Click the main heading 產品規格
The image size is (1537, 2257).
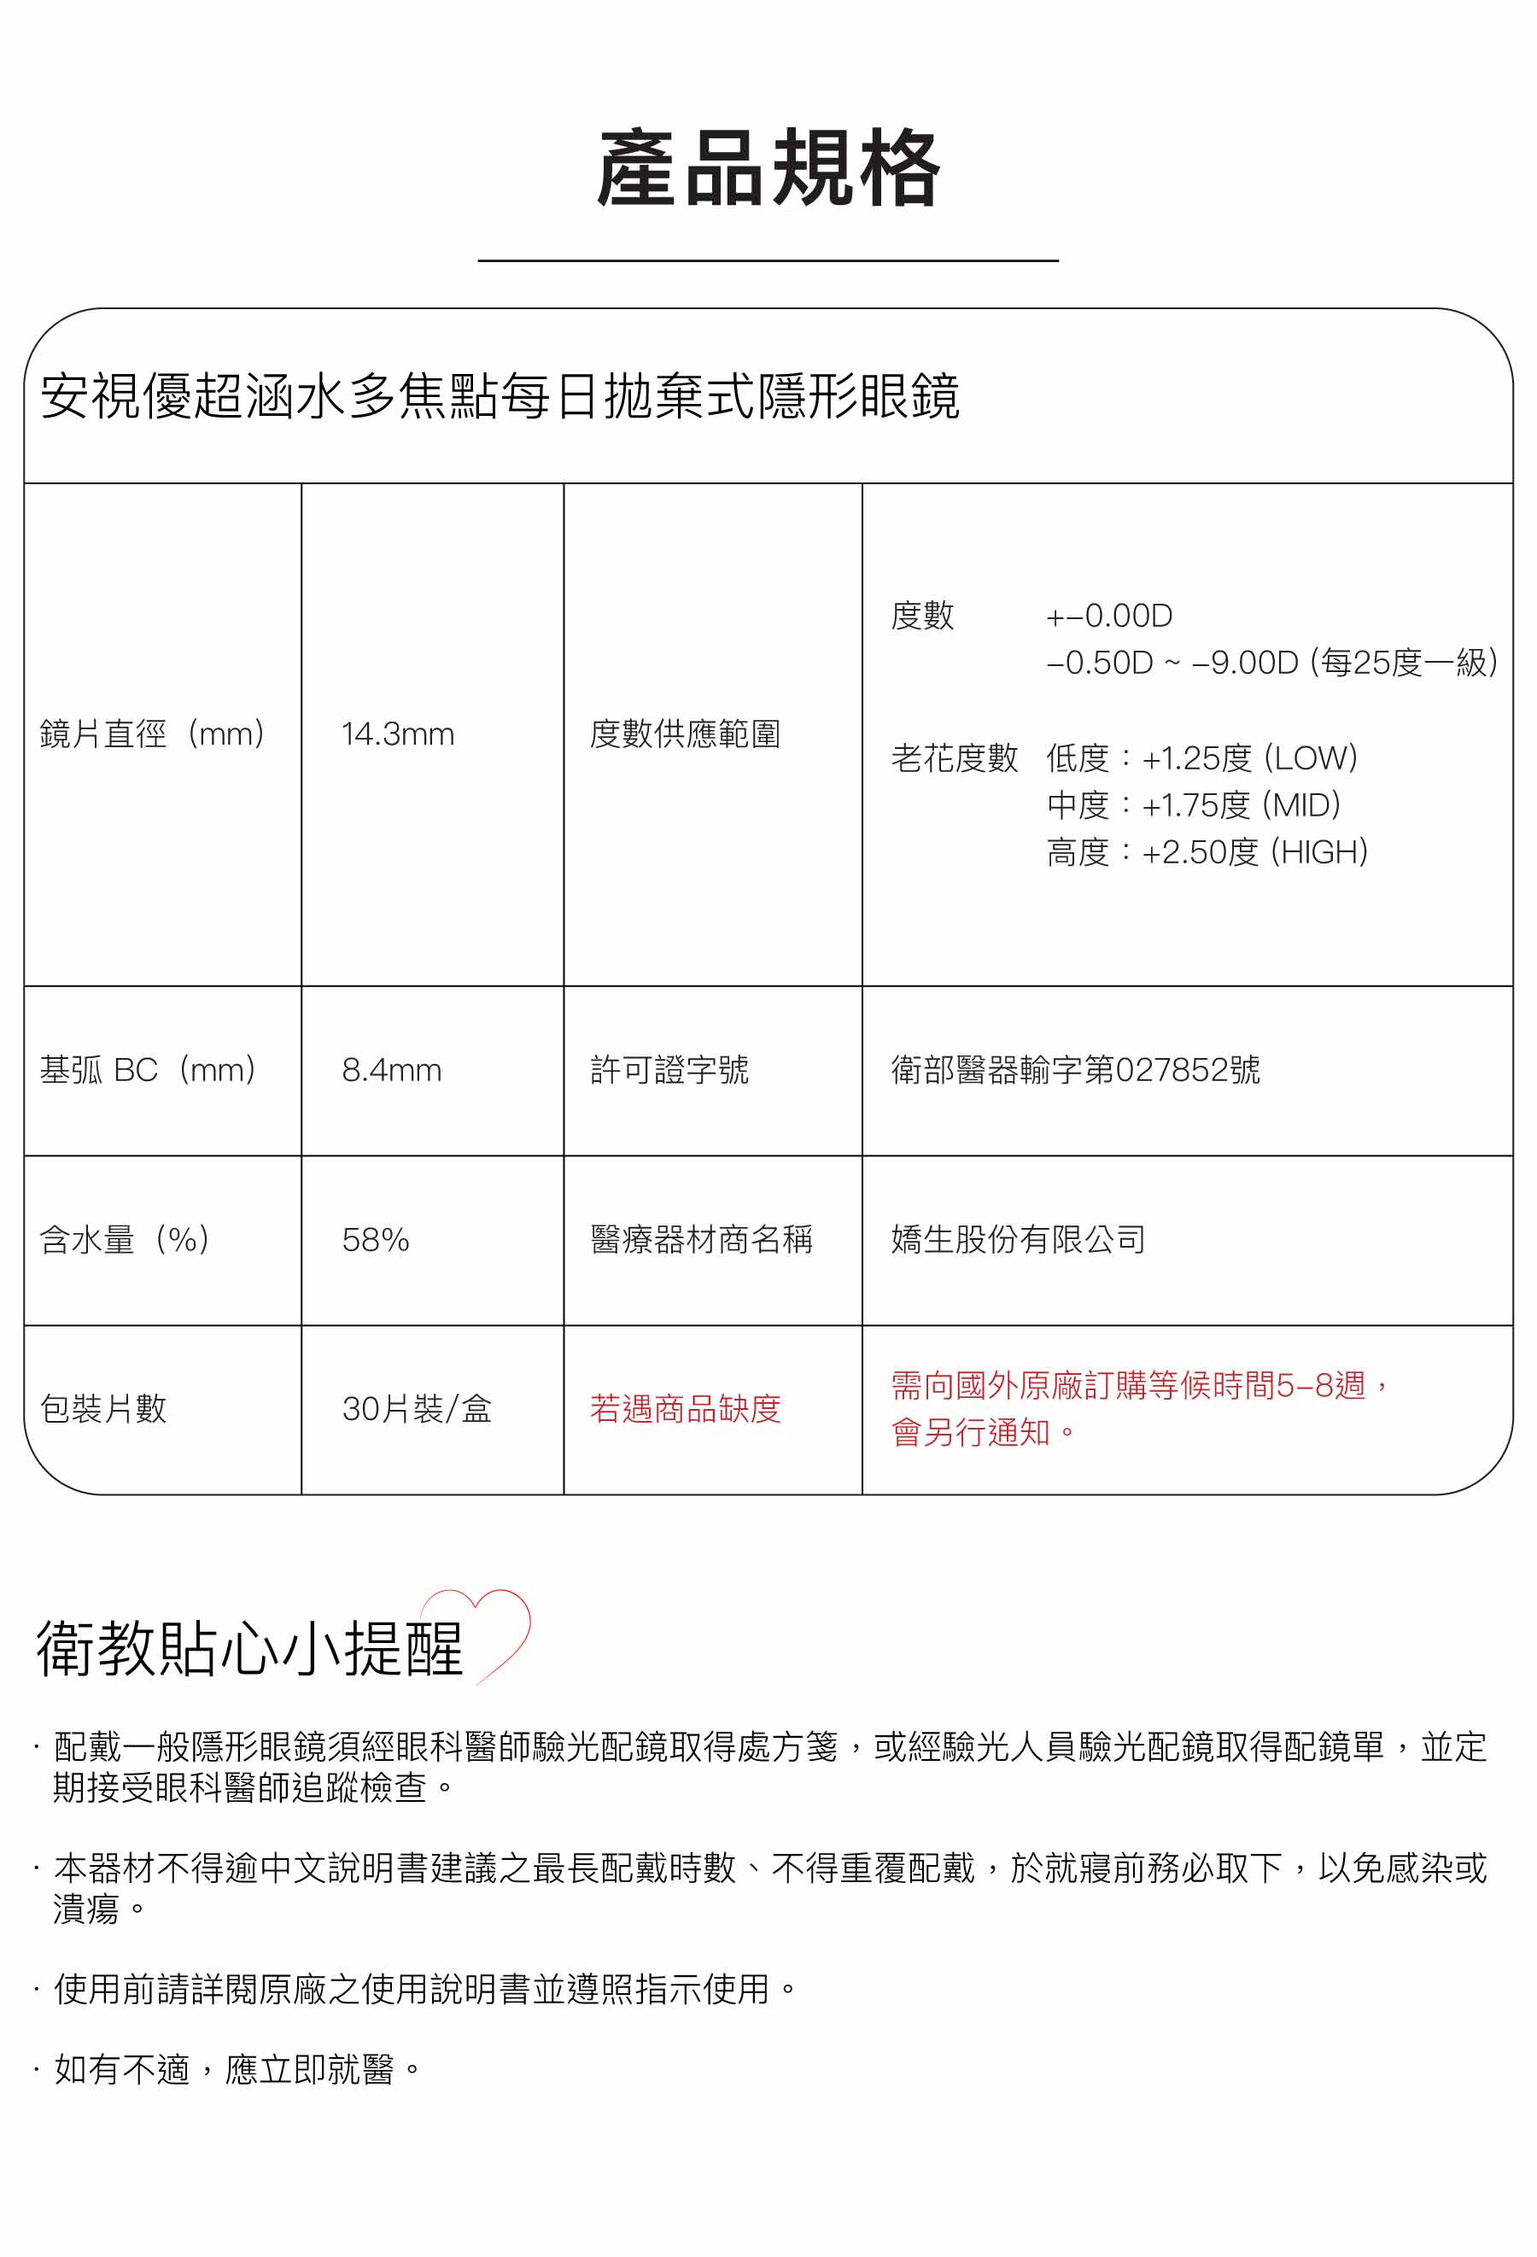pos(768,169)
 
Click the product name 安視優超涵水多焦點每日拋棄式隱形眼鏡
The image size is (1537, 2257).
pos(499,396)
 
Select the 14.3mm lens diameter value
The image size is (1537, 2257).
pos(397,734)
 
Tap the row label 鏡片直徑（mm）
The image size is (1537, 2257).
pos(154,734)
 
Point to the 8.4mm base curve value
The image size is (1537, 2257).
pos(391,1070)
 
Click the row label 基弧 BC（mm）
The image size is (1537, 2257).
pos(149,1070)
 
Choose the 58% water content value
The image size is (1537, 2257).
pos(375,1240)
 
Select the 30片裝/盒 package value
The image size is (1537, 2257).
pos(417,1409)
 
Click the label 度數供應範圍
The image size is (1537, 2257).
pos(685,734)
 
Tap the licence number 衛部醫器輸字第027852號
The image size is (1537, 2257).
pos(1075,1070)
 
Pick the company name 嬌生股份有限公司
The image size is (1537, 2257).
pos(1018,1240)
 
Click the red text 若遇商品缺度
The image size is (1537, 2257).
pos(685,1409)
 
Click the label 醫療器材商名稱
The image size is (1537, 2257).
pos(701,1240)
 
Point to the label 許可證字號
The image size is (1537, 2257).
pos(669,1070)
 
